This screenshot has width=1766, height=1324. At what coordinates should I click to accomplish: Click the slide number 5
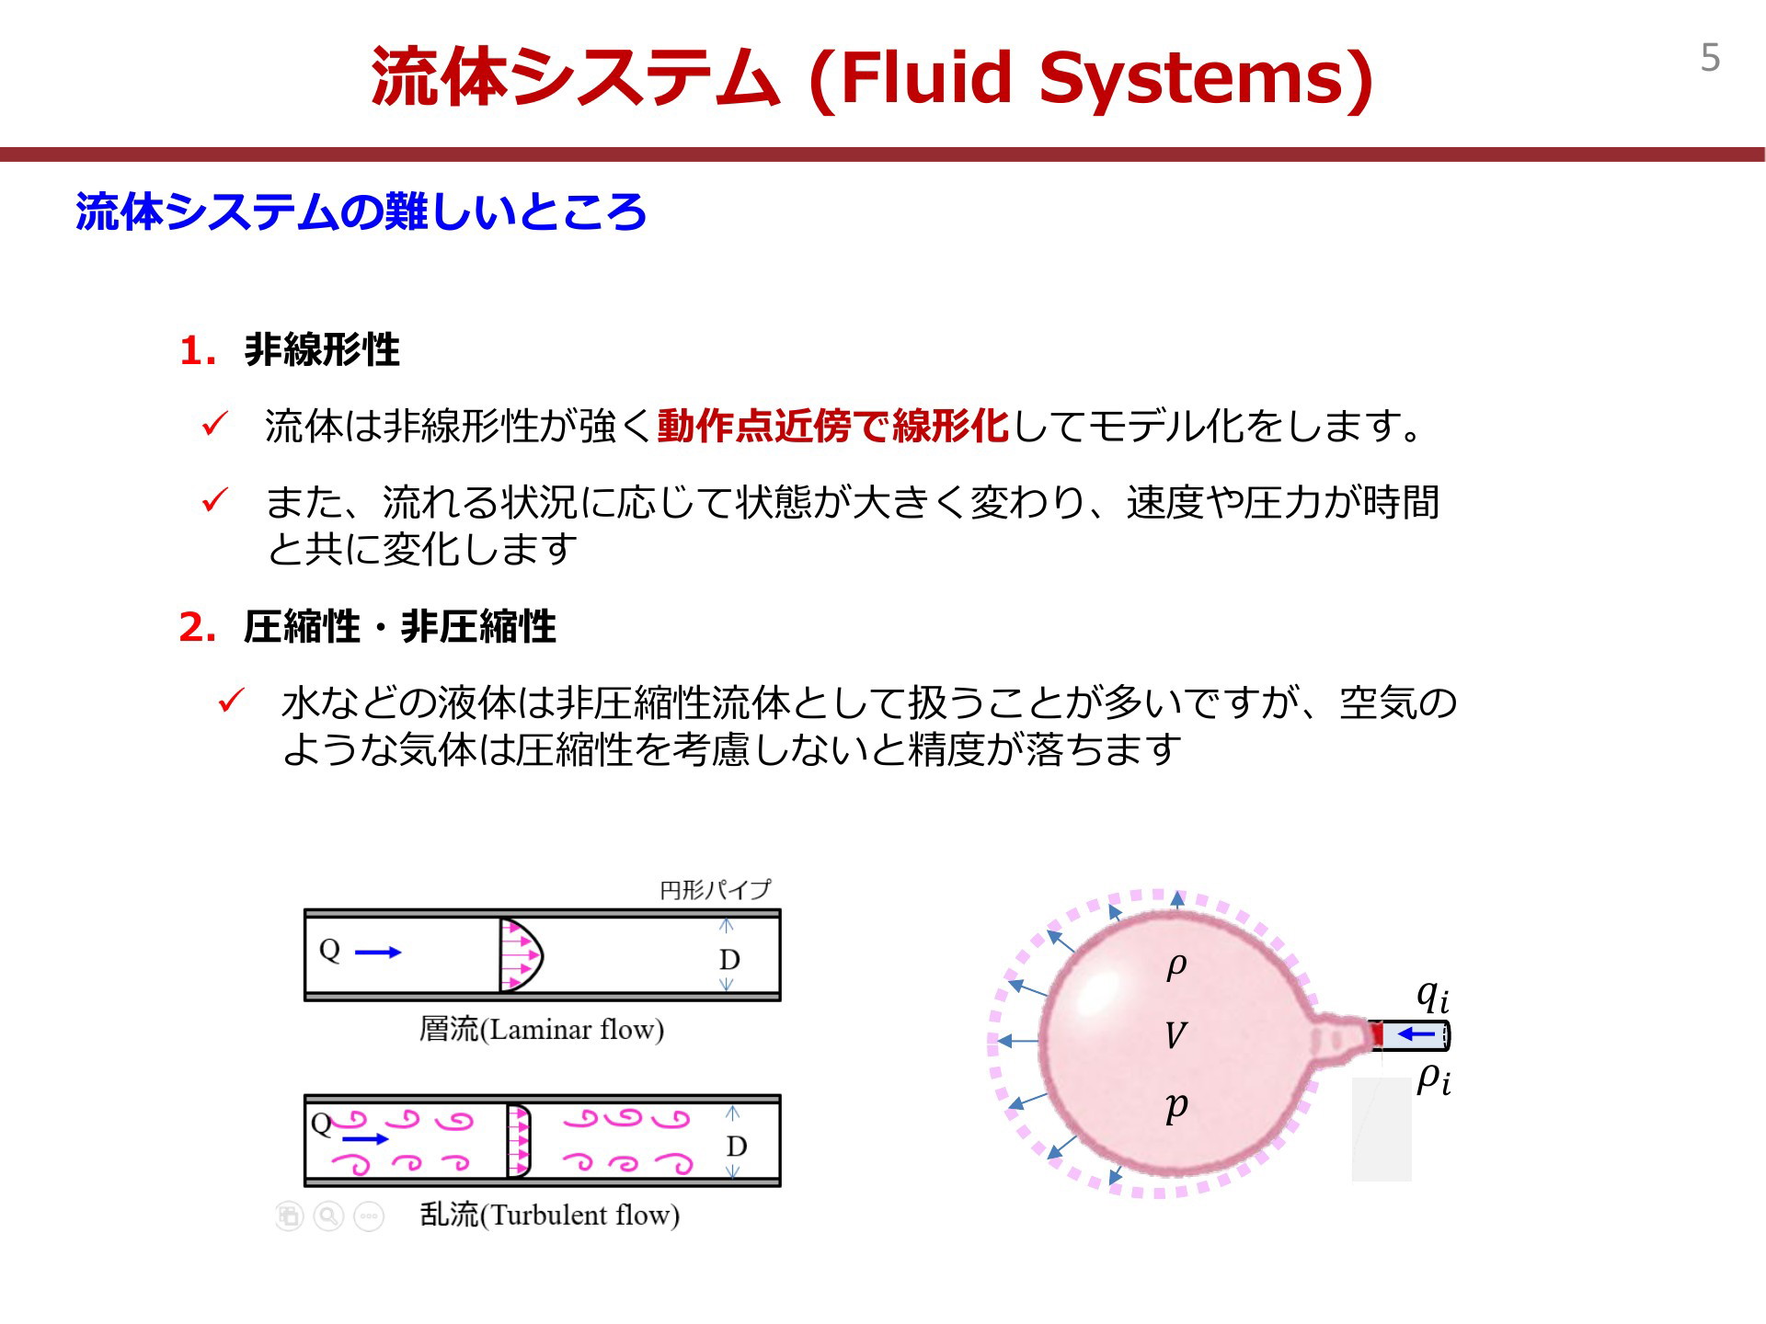tap(1710, 58)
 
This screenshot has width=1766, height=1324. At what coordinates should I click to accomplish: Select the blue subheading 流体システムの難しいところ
tap(361, 211)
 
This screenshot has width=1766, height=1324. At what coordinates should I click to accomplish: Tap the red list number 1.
tap(197, 350)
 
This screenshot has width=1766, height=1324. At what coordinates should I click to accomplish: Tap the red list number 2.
tap(197, 627)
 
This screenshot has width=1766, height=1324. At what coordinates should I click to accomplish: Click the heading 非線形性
tap(322, 349)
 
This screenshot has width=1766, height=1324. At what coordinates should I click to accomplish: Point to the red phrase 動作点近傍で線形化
tap(833, 426)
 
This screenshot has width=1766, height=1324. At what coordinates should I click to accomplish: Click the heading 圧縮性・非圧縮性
tap(400, 627)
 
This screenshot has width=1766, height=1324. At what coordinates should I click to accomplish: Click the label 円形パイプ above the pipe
tap(715, 889)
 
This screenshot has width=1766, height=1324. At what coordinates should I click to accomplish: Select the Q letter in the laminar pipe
tap(329, 950)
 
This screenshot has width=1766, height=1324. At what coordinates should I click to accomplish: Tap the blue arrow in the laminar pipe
tap(378, 953)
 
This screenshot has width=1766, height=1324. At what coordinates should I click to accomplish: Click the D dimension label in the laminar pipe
tap(729, 959)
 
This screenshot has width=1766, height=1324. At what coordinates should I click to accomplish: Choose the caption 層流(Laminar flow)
tap(542, 1029)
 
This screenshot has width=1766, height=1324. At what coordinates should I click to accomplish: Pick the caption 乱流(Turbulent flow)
tap(550, 1215)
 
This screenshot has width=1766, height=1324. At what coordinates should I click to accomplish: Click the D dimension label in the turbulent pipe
tap(736, 1146)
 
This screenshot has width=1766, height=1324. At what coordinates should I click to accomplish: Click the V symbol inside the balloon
tap(1175, 1036)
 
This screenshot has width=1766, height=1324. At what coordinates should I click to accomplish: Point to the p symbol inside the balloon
tap(1176, 1107)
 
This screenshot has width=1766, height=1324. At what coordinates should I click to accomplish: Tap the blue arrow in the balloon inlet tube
tap(1416, 1035)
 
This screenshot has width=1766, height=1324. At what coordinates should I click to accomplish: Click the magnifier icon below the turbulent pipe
tap(328, 1216)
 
